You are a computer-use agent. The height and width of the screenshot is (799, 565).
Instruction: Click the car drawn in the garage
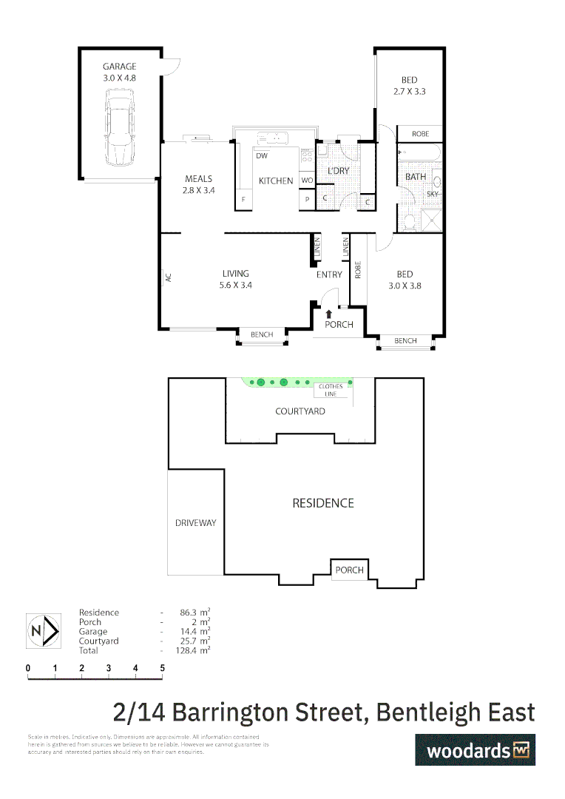119,127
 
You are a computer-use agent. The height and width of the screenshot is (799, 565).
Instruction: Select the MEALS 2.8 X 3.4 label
197,184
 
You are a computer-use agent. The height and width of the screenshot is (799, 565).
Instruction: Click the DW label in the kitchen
261,156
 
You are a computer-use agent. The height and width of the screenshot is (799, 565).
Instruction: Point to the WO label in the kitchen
307,181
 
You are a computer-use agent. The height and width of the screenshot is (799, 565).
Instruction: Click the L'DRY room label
338,171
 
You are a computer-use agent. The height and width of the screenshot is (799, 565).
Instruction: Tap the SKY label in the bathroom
433,194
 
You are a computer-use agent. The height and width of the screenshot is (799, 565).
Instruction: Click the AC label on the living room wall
168,277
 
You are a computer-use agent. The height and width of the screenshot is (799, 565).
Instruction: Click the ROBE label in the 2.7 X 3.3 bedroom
420,134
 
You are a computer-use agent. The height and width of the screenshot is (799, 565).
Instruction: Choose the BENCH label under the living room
262,335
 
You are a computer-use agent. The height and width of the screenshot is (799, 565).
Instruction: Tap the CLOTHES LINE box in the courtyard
331,390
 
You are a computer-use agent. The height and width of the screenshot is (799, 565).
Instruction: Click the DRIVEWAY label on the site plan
195,523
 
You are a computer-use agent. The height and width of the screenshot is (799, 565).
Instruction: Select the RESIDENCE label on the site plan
323,503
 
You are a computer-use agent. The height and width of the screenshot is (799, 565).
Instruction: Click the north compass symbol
43,631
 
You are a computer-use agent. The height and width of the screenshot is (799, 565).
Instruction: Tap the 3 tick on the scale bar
109,668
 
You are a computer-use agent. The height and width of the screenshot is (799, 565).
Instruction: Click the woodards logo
474,749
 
